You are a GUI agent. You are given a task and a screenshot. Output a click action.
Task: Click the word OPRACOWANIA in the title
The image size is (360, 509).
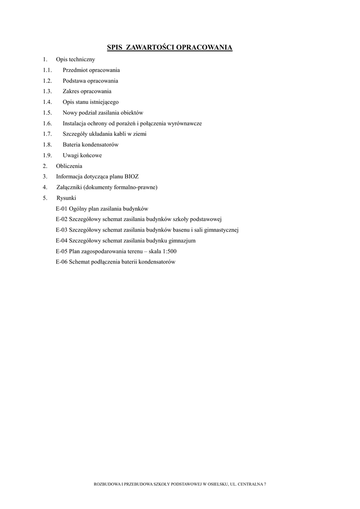205,48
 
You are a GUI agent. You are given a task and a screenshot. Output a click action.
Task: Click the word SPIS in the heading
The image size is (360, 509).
114,48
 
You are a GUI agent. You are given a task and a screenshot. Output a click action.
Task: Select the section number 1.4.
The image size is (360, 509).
47,102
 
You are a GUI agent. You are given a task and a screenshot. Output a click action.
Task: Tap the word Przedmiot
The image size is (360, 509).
75,70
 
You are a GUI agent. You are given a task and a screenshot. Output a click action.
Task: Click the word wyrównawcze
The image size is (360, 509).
184,123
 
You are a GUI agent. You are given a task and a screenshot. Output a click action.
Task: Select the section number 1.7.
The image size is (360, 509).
47,134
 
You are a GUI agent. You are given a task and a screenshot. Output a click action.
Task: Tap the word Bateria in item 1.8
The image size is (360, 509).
71,145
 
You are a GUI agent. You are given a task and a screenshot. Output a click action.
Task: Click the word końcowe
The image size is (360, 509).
91,155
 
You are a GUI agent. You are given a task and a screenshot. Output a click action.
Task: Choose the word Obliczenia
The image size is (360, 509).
69,166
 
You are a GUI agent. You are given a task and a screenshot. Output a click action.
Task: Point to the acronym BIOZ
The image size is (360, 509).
131,176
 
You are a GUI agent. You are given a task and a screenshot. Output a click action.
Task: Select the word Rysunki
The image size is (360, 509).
66,198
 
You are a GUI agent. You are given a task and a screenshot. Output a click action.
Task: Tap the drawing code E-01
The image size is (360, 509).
61,209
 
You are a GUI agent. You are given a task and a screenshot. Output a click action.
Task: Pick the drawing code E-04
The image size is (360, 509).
61,241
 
